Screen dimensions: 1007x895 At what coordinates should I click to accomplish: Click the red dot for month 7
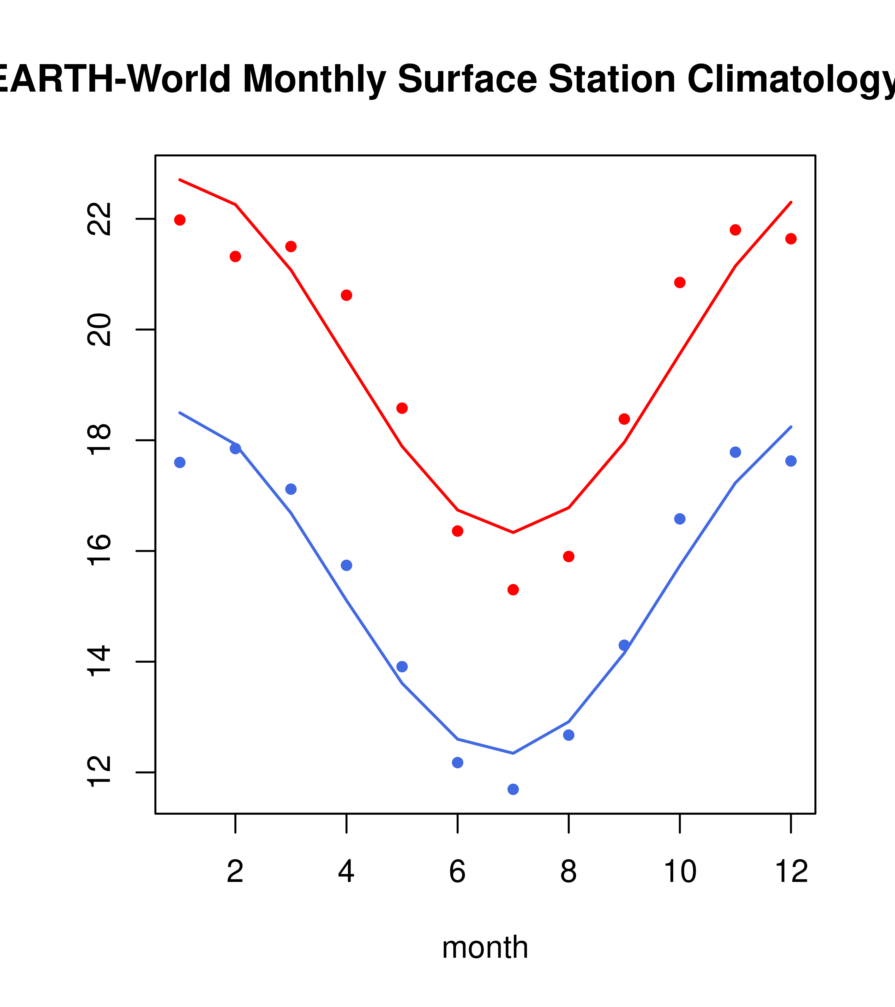click(513, 590)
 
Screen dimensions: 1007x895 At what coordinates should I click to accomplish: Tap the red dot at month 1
click(180, 220)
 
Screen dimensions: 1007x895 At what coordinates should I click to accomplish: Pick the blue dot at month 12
click(790, 461)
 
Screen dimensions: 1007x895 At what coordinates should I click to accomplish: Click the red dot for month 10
click(680, 282)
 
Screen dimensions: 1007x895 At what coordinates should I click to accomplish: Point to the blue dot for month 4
click(346, 565)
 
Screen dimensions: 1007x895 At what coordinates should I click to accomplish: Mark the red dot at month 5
click(402, 408)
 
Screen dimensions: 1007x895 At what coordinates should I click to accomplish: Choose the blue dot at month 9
click(624, 645)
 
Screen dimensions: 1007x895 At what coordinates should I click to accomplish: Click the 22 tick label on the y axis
click(99, 219)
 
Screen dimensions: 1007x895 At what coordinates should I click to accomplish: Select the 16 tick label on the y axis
click(99, 551)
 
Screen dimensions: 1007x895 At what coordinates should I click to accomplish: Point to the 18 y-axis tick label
click(99, 440)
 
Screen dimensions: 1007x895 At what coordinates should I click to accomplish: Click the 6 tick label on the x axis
click(457, 871)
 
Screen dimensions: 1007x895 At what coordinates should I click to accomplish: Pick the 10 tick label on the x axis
click(680, 871)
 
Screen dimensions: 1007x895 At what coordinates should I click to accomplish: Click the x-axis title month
click(485, 947)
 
